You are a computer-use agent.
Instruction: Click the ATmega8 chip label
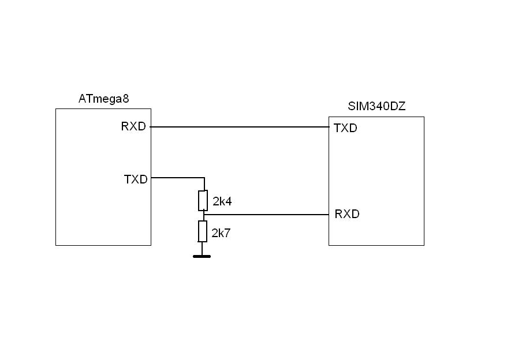(103, 99)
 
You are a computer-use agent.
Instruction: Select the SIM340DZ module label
(376, 107)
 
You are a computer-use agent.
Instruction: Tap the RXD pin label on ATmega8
(133, 126)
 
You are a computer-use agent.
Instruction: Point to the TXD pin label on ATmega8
(136, 179)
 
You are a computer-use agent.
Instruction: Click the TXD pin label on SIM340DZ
(345, 128)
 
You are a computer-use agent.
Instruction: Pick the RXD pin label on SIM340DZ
(347, 214)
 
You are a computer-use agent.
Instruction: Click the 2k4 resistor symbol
(203, 200)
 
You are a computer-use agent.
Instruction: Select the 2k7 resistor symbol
(203, 231)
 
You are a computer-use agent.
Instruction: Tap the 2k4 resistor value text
(222, 201)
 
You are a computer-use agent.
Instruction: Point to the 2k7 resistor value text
(221, 233)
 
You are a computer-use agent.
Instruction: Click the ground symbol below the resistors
(202, 256)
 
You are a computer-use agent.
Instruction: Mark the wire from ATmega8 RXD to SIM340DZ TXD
(240, 126)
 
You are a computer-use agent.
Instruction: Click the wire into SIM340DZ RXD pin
(266, 215)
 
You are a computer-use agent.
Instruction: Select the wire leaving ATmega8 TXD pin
(177, 178)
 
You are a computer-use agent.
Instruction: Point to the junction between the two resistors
(203, 215)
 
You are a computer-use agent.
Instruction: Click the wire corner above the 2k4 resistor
(203, 178)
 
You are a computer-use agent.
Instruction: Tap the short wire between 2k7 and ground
(202, 248)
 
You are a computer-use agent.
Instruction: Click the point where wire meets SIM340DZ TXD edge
(329, 126)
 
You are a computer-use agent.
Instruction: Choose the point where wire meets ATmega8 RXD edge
(151, 126)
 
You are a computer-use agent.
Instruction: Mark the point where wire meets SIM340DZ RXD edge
(329, 215)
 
